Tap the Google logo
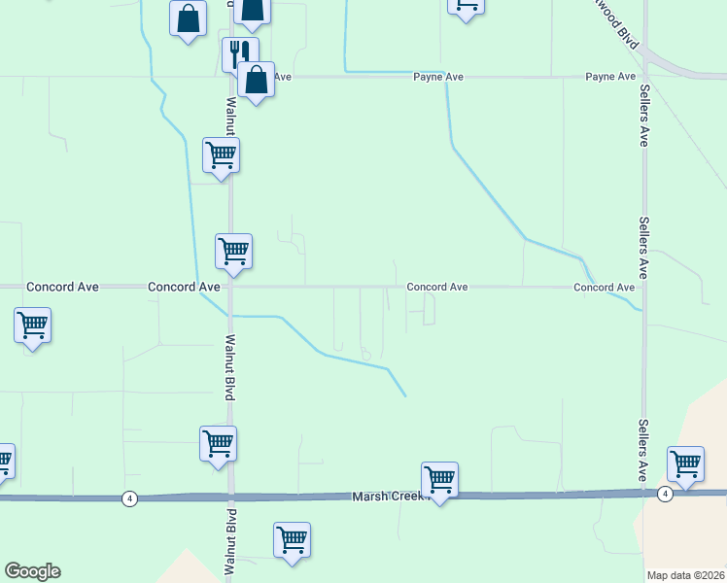click(32, 571)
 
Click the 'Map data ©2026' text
click(684, 575)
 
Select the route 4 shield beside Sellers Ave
click(664, 495)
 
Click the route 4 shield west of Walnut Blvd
click(129, 498)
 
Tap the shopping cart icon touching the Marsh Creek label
click(439, 479)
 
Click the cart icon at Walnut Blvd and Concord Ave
click(233, 252)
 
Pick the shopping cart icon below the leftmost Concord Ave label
click(32, 326)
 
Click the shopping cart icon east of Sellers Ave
click(685, 463)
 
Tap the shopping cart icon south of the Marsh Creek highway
click(292, 539)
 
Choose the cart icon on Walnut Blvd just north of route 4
click(218, 444)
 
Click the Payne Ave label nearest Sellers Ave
click(609, 77)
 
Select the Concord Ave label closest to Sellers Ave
click(604, 288)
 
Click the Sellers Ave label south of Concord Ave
click(642, 451)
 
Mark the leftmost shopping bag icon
click(188, 18)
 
